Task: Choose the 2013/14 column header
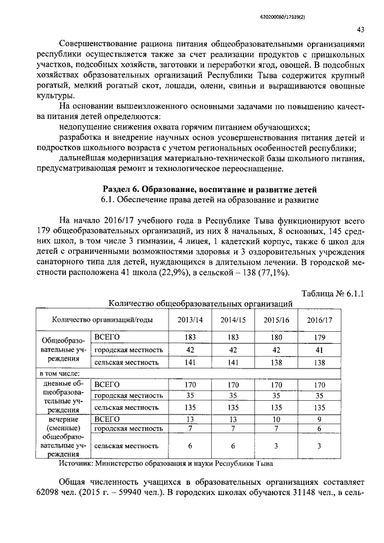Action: [190, 319]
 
